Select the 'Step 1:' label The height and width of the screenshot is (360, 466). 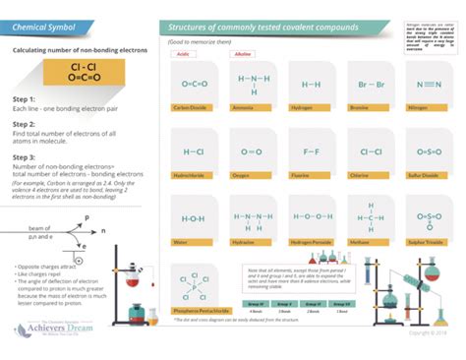(25, 99)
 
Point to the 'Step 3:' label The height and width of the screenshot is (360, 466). (25, 155)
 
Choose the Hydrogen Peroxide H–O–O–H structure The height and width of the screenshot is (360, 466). (311, 217)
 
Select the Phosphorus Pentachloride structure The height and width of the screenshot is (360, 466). (195, 282)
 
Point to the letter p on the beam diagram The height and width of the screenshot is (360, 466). (87, 215)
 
